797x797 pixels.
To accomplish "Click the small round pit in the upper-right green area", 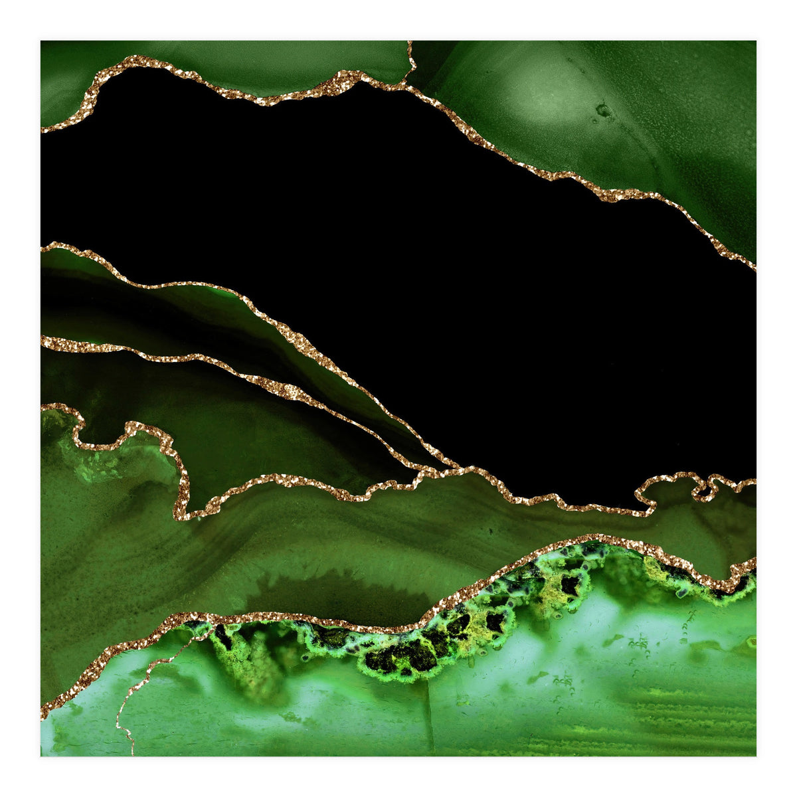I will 602,110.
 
